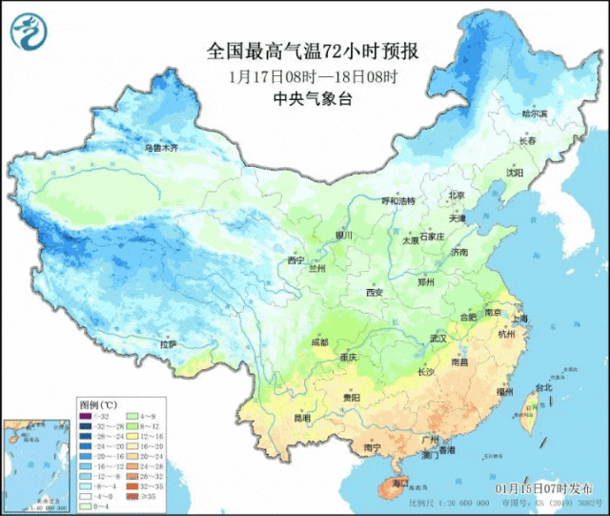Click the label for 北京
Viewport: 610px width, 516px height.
click(457, 196)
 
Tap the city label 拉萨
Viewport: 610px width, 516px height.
click(168, 343)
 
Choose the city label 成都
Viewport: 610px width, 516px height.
click(318, 341)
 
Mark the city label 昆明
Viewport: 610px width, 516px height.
click(302, 418)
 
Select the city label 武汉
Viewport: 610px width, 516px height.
click(438, 339)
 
